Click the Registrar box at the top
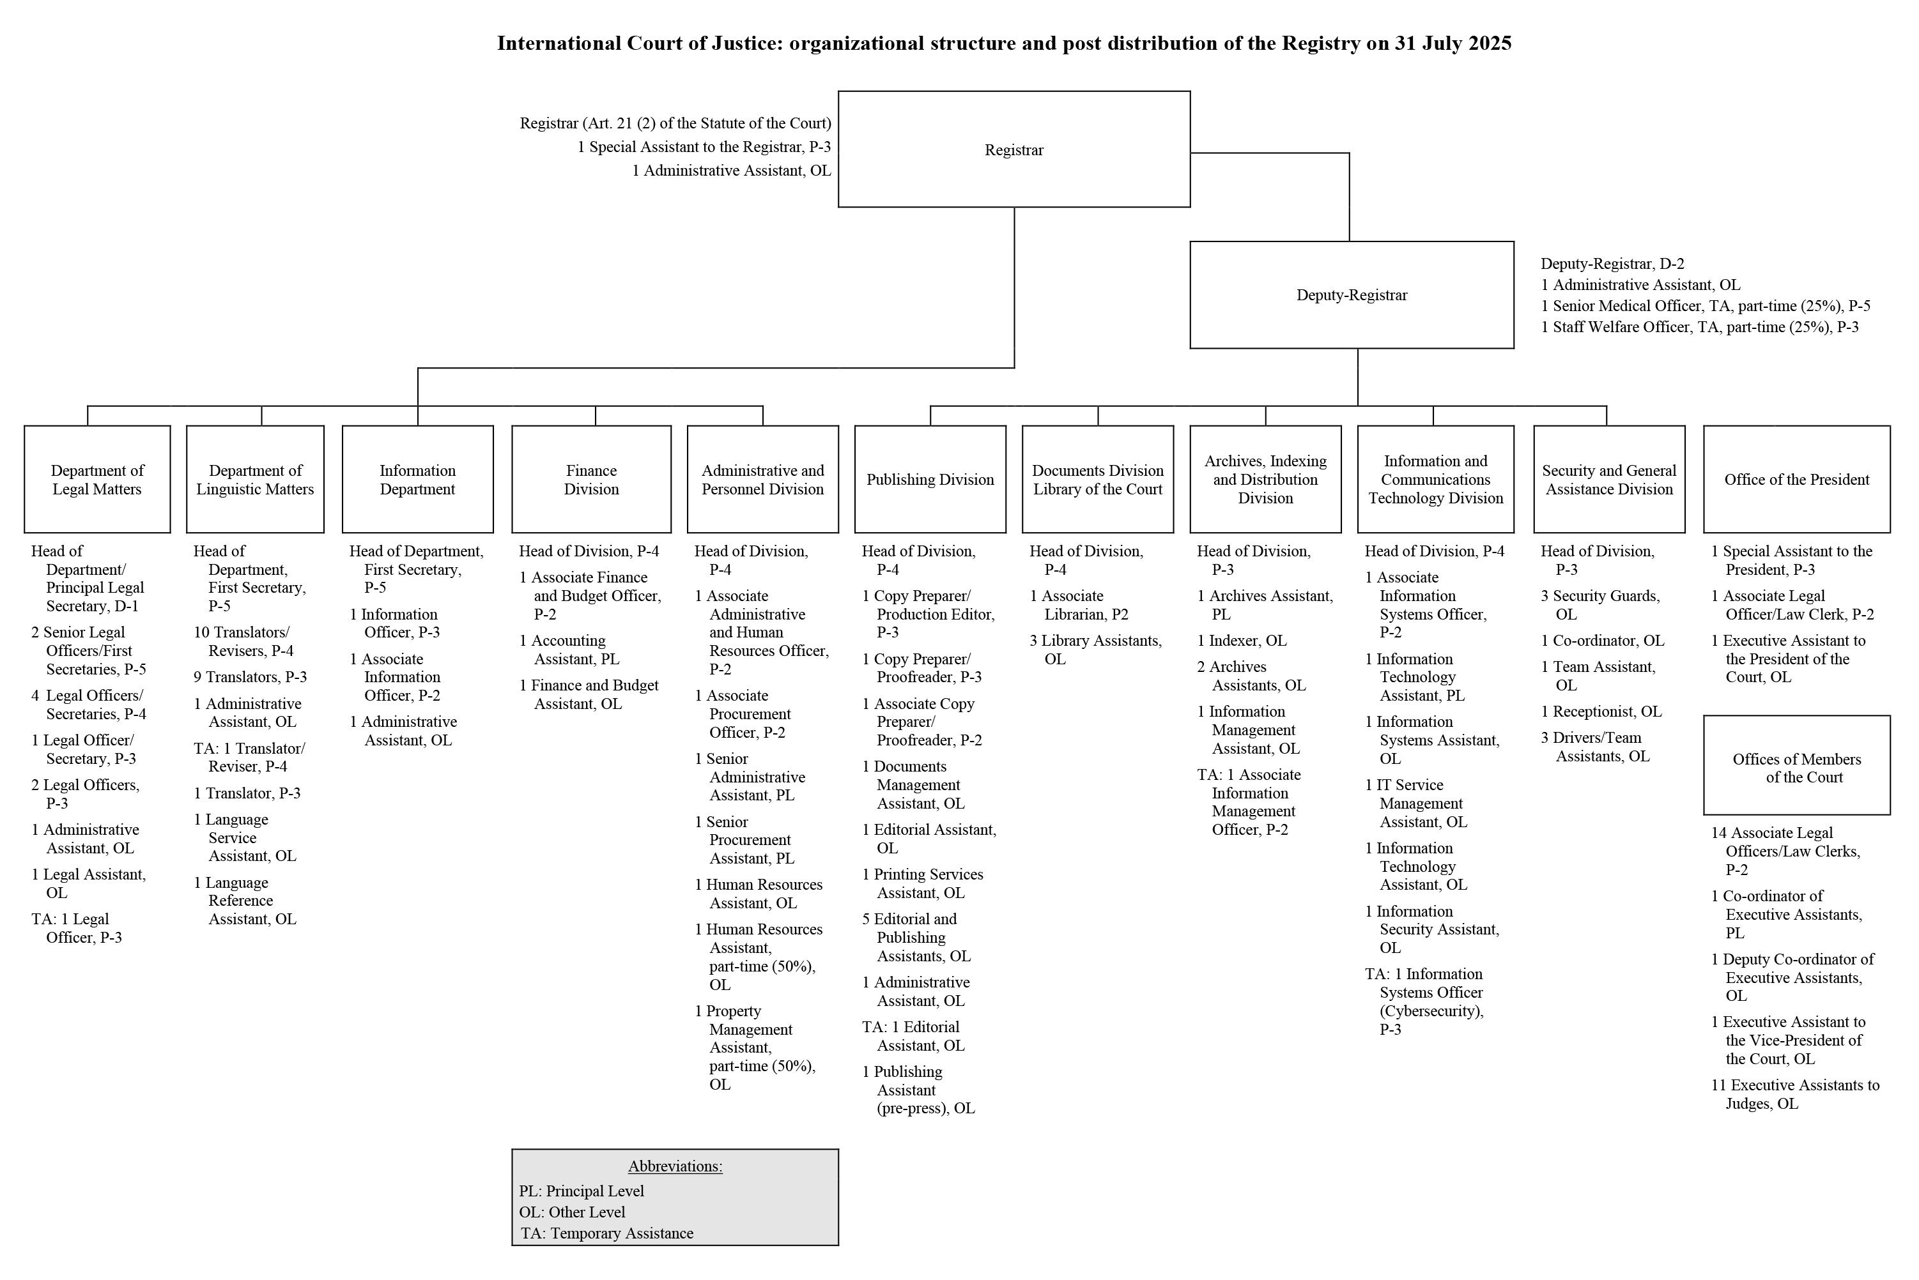[1013, 149]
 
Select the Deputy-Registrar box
[1352, 294]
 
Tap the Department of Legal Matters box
[97, 479]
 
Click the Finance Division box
[591, 479]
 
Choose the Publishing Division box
[930, 479]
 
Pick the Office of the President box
[1796, 479]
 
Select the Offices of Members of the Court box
[1796, 767]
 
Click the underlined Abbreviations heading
[675, 1166]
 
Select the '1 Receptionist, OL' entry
[1601, 711]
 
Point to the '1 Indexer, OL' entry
[1241, 640]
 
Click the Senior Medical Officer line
[1704, 306]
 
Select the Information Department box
[417, 479]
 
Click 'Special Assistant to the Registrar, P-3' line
[704, 147]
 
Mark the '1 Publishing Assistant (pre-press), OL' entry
[919, 1090]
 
